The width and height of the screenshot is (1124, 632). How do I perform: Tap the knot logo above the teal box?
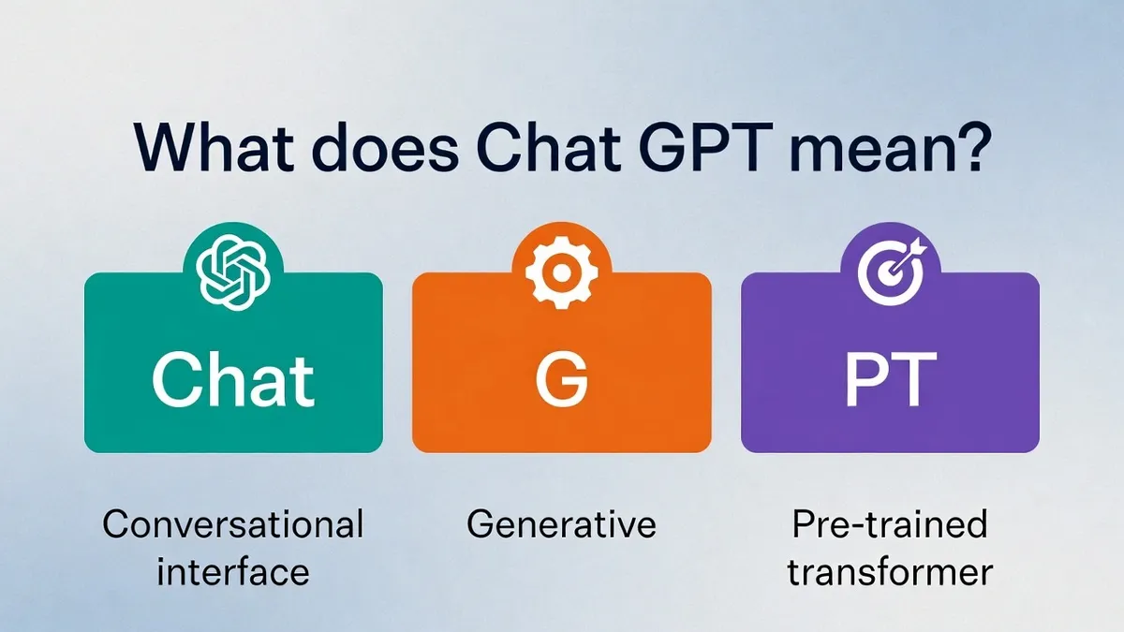[x=233, y=272]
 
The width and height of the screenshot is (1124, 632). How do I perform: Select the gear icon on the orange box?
[x=561, y=272]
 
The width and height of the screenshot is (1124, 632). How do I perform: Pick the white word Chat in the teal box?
[x=233, y=380]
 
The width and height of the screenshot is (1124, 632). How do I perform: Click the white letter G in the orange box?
[x=561, y=380]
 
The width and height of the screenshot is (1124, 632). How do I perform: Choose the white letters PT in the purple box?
[x=890, y=380]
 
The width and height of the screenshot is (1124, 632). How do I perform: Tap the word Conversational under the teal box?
[x=233, y=524]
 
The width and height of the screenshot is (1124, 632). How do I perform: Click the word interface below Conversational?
[x=233, y=572]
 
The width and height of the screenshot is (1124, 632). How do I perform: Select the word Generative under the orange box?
[x=561, y=524]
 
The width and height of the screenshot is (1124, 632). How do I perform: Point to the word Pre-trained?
[x=890, y=524]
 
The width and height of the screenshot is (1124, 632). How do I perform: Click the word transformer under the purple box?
[x=890, y=572]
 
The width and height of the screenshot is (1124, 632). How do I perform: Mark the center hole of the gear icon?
[x=561, y=272]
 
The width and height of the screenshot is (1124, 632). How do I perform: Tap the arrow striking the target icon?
[x=908, y=256]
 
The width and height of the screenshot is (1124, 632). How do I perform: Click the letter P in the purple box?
[x=865, y=380]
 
